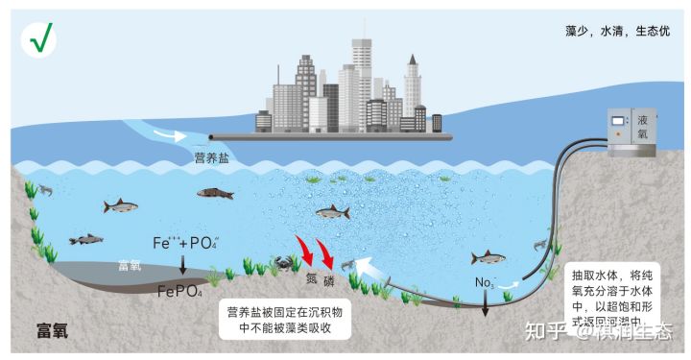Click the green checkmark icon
41,38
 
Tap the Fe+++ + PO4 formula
187,244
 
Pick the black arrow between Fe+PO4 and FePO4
182,267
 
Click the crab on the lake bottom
284,261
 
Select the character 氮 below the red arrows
311,281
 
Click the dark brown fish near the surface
215,193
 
